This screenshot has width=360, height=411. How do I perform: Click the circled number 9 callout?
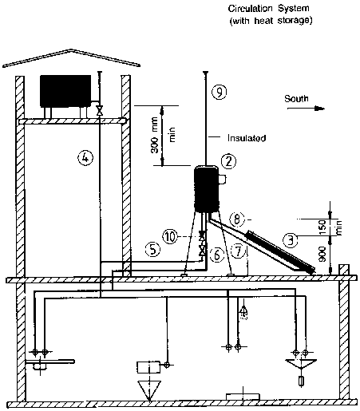click(220, 93)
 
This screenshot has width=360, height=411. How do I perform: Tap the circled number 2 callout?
click(228, 161)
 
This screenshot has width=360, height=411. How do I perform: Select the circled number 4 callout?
click(85, 158)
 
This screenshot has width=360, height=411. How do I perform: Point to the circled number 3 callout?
click(291, 240)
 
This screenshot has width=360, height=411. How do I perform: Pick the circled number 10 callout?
click(170, 236)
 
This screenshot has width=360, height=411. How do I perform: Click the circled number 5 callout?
click(153, 249)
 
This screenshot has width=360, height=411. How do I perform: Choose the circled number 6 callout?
click(217, 255)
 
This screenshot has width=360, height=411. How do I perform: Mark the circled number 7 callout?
click(238, 251)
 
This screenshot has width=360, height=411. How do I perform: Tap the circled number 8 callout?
click(237, 219)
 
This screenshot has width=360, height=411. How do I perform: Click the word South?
click(296, 99)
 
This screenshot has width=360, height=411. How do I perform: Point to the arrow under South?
click(306, 109)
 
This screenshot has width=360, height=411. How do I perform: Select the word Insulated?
click(247, 138)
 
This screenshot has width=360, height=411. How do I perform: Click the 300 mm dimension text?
click(155, 136)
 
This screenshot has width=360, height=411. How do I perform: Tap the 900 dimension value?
click(322, 254)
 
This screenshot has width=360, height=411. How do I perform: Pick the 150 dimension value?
click(322, 227)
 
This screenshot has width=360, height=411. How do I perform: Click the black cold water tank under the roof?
click(65, 91)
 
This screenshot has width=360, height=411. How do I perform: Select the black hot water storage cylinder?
click(207, 189)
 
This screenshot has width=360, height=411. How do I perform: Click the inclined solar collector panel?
click(280, 253)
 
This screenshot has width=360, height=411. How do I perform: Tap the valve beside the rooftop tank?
click(100, 110)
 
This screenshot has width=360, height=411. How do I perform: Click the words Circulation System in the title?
click(269, 9)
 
